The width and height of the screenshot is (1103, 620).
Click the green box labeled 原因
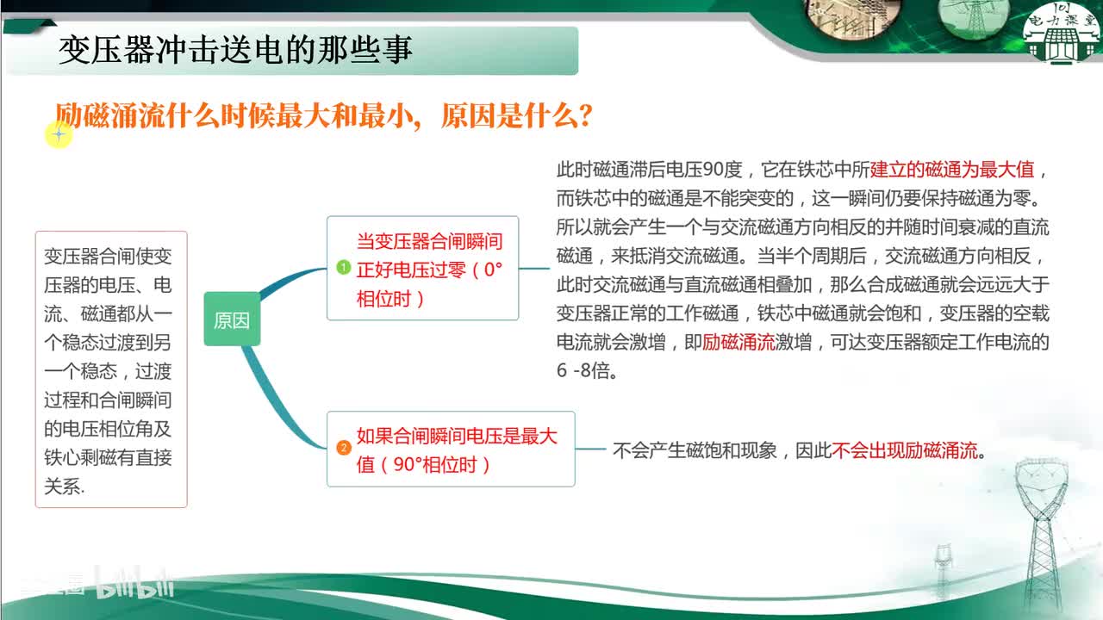(232, 320)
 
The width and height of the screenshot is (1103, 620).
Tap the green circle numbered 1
(343, 268)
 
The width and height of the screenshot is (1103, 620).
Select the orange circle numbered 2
(343, 448)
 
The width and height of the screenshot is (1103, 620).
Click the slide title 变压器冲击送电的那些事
(235, 51)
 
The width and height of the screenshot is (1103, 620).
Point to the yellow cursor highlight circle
(59, 133)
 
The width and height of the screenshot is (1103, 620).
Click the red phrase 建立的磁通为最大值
(951, 169)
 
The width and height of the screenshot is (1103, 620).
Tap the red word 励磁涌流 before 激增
(738, 342)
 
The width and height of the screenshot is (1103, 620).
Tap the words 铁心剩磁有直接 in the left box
(108, 457)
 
